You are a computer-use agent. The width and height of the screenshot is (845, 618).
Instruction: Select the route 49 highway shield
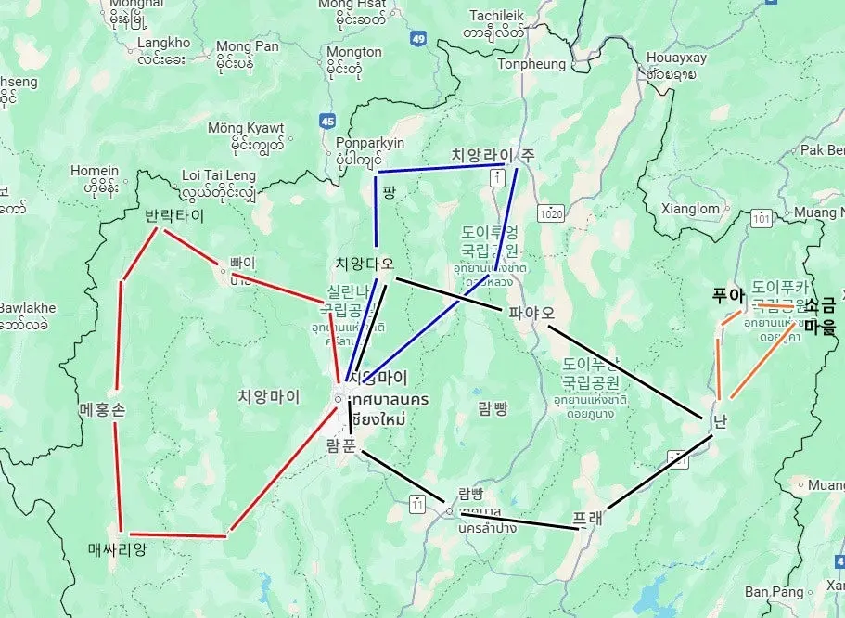[x=418, y=39]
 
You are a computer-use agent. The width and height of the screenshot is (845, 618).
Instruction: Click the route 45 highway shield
[x=326, y=121]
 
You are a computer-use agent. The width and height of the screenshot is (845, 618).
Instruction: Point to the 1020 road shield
[x=552, y=212]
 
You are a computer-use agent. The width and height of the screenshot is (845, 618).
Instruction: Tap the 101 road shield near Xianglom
[x=762, y=219]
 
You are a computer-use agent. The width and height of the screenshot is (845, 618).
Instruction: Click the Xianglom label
[x=692, y=209]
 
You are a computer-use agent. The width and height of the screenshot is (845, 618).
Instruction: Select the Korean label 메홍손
[x=102, y=408]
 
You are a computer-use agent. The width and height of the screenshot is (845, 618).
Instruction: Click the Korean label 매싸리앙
[x=117, y=549]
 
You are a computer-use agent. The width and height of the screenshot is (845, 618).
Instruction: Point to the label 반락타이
[x=173, y=215]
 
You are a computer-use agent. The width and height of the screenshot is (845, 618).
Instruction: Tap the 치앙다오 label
[x=365, y=264]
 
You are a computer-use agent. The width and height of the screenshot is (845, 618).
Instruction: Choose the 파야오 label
[x=531, y=313]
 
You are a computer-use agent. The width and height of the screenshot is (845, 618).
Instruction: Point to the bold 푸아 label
[x=728, y=296]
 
